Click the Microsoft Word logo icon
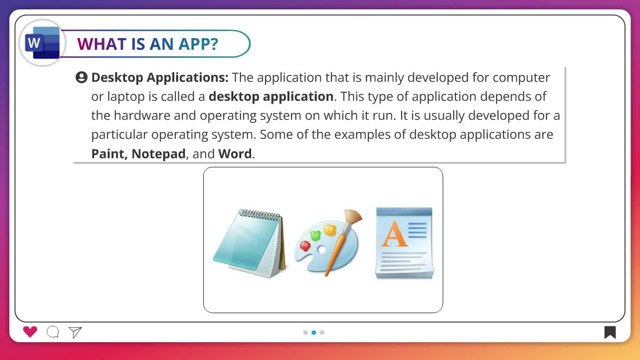pos(42,43)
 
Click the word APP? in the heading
pos(198,44)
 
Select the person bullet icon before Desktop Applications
pos(82,77)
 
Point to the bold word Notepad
pos(158,154)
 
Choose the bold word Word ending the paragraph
pos(235,154)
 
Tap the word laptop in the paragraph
pos(127,97)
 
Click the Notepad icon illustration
pos(250,244)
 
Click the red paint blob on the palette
pos(305,246)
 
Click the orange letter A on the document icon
pos(394,233)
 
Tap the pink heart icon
pos(30,332)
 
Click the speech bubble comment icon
pos(53,332)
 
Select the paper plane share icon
pos(75,332)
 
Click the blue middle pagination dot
pos(314,332)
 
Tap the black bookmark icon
pos(610,332)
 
